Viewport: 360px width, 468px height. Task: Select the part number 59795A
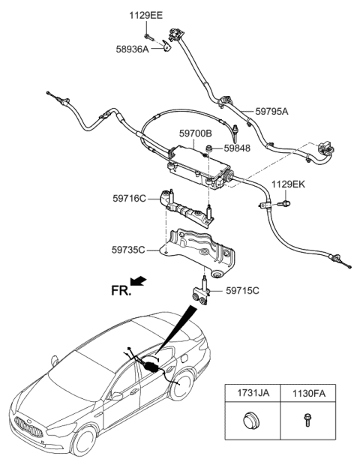pos(271,111)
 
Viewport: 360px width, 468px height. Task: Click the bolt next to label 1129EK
pos(285,201)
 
